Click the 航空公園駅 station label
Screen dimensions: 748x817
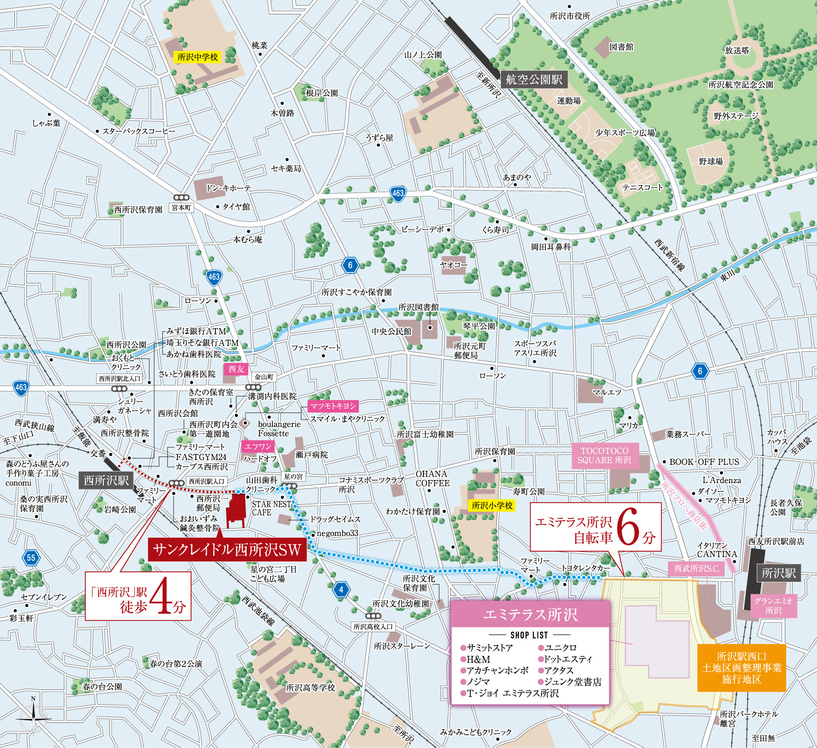click(x=534, y=79)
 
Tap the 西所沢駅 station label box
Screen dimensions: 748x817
click(x=106, y=480)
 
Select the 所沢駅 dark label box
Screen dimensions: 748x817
click(x=778, y=573)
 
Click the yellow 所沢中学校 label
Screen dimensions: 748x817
click(x=197, y=57)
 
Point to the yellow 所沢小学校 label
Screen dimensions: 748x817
click(x=492, y=505)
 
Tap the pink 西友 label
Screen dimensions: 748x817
click(x=236, y=369)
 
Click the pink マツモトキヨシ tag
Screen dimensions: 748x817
click(x=332, y=406)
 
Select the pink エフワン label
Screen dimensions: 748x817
click(x=258, y=446)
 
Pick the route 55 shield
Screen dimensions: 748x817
click(x=31, y=558)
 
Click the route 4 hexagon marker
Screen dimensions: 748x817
click(x=341, y=590)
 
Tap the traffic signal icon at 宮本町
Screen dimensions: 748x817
click(x=181, y=198)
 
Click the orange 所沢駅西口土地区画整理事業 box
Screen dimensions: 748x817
click(x=741, y=667)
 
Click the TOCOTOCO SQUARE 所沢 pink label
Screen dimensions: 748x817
click(x=604, y=455)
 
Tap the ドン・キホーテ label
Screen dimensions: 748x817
click(x=229, y=188)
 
